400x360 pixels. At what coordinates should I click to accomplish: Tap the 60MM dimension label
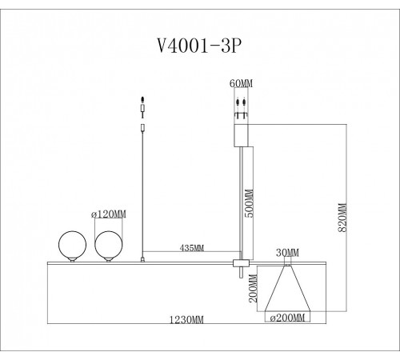(241, 83)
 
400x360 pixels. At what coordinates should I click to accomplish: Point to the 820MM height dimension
(342, 216)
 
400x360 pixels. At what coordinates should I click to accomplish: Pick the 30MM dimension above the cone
(286, 254)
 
